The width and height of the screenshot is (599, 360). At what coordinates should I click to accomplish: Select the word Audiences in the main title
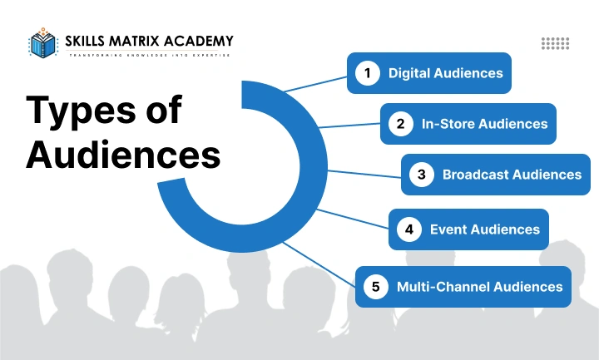click(x=124, y=155)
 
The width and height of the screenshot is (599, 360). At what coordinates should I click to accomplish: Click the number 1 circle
click(x=366, y=73)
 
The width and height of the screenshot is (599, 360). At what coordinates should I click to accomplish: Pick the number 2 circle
click(x=400, y=124)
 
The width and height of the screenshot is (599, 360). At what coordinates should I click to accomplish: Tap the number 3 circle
click(x=422, y=175)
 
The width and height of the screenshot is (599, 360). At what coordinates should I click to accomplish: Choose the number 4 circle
click(x=408, y=229)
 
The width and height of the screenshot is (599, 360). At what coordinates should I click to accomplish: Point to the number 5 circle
click(x=375, y=287)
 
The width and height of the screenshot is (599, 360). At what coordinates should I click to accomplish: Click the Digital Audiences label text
click(x=445, y=73)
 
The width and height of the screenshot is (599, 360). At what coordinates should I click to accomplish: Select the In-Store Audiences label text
click(x=484, y=124)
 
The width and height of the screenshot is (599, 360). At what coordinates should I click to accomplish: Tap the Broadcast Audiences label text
click(x=512, y=175)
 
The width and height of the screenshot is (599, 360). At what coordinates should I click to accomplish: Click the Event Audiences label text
click(x=484, y=229)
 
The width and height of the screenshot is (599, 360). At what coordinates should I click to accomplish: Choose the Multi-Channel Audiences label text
click(x=479, y=287)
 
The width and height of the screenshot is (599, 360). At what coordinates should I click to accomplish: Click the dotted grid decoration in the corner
click(x=555, y=43)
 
